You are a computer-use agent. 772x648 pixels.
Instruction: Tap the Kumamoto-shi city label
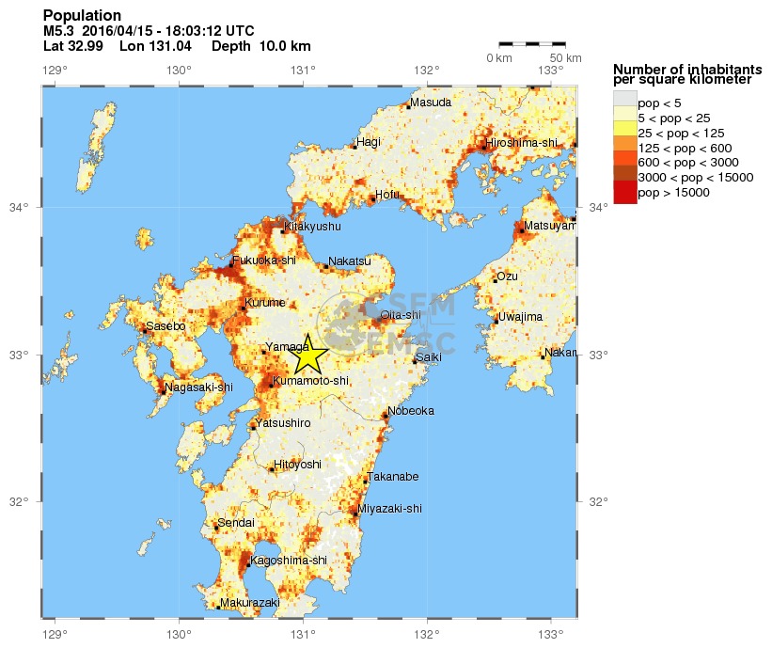coord(311,381)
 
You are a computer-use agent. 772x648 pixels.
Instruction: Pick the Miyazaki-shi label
coord(392,509)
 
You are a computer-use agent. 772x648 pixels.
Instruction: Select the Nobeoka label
coord(412,411)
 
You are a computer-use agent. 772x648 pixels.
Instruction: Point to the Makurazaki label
coord(251,602)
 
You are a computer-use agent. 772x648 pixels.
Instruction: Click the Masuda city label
coord(430,103)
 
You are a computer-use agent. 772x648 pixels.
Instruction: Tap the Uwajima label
coord(521,317)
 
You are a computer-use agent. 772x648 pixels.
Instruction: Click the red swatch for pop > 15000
coord(624,193)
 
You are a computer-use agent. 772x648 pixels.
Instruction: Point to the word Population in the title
coord(82,16)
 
